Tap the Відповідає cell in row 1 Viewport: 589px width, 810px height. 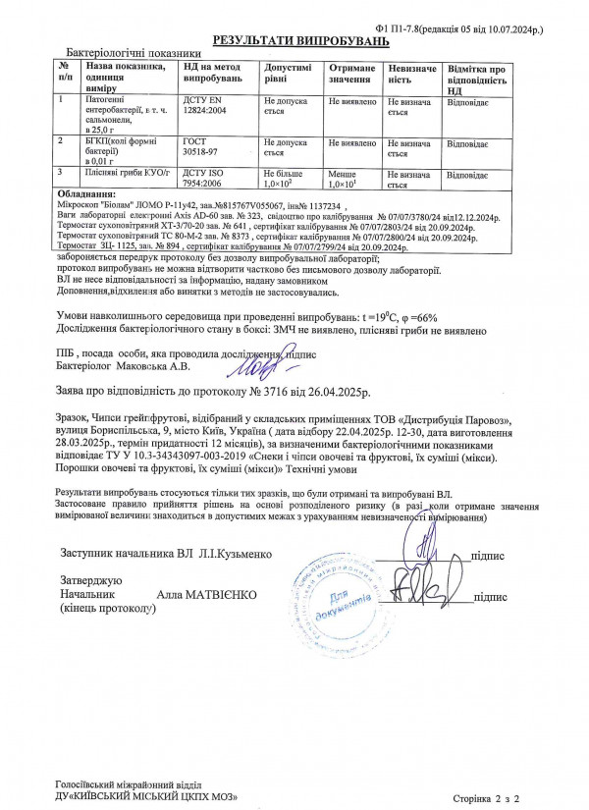pos(469,101)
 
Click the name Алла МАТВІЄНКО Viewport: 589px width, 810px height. pos(207,596)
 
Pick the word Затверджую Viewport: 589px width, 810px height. pos(91,581)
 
